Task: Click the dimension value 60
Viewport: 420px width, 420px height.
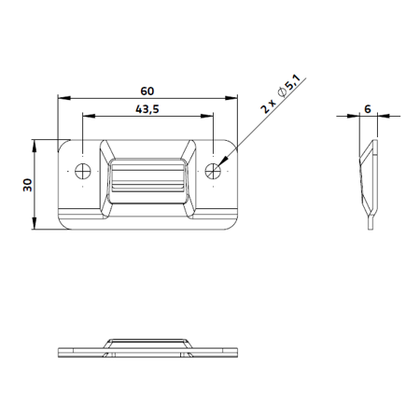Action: pyautogui.click(x=147, y=91)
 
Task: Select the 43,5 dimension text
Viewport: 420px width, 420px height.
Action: pyautogui.click(x=147, y=109)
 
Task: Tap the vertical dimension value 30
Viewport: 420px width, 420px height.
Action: pyautogui.click(x=28, y=185)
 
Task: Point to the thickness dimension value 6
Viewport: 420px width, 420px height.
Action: pyautogui.click(x=368, y=109)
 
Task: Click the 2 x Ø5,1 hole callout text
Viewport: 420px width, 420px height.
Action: pyautogui.click(x=281, y=93)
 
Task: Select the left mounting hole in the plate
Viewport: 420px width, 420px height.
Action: pyautogui.click(x=83, y=171)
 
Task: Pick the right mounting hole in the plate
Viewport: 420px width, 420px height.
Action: pyautogui.click(x=213, y=171)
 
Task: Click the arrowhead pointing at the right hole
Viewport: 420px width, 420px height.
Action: pyautogui.click(x=223, y=161)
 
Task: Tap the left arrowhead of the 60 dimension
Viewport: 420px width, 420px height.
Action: pyautogui.click(x=64, y=98)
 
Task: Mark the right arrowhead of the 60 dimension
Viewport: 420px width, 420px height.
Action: pyautogui.click(x=231, y=98)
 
